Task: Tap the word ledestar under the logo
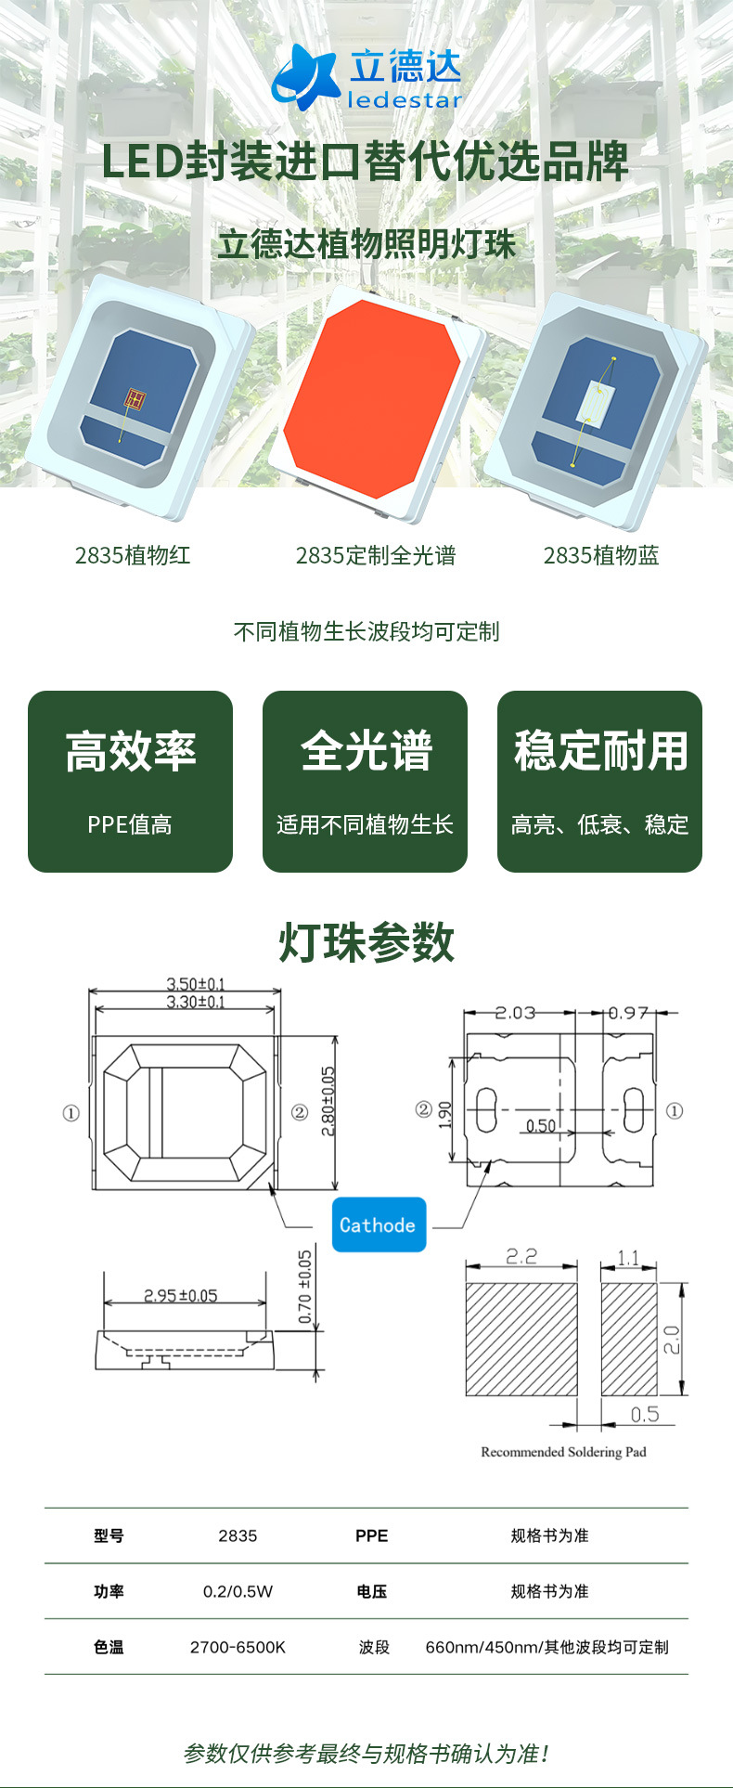click(405, 100)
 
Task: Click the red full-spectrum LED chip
click(372, 396)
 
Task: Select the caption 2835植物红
click(133, 555)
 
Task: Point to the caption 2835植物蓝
click(601, 555)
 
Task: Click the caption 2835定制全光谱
click(376, 555)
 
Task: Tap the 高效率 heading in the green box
click(131, 751)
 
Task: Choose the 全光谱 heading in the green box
click(366, 751)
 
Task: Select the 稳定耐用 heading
click(600, 751)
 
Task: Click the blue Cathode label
click(379, 1225)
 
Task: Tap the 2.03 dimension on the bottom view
click(515, 1013)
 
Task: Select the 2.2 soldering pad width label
click(521, 1256)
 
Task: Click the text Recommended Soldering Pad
click(563, 1452)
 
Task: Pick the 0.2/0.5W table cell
click(238, 1591)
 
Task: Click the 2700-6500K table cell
click(238, 1647)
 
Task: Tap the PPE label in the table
click(371, 1535)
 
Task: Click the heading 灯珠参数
click(366, 942)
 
